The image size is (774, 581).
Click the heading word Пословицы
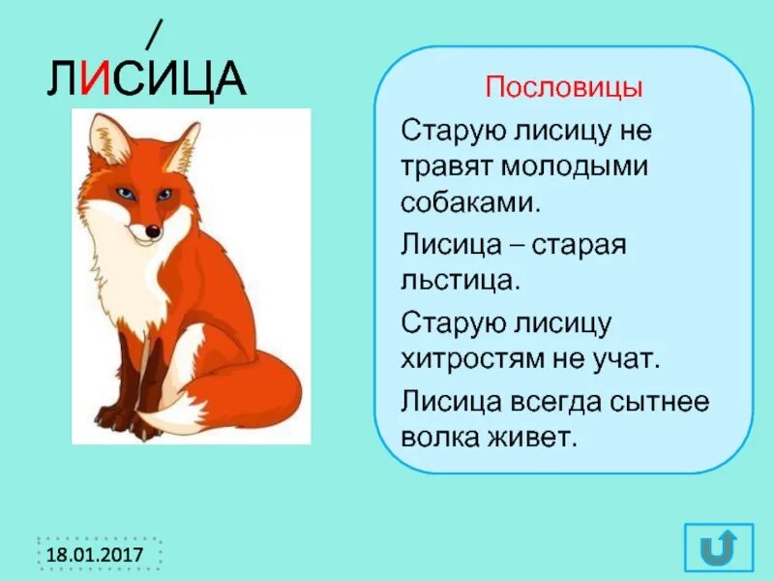pyautogui.click(x=563, y=88)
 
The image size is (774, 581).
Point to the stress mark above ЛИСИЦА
pyautogui.click(x=152, y=35)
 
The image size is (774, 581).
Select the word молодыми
pyautogui.click(x=575, y=166)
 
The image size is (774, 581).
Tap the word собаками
pyautogui.click(x=468, y=202)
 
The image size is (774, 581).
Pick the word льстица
pyautogui.click(x=461, y=280)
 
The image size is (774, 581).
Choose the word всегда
pyautogui.click(x=562, y=398)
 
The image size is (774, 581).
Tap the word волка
pyautogui.click(x=434, y=435)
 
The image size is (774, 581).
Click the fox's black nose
pyautogui.click(x=153, y=231)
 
